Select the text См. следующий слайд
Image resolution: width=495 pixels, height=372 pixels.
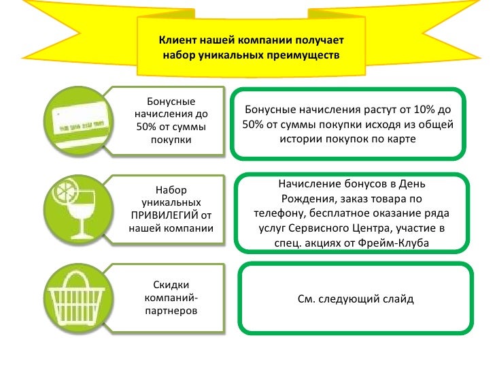(x=356, y=298)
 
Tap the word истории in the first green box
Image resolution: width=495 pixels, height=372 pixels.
(x=300, y=139)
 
